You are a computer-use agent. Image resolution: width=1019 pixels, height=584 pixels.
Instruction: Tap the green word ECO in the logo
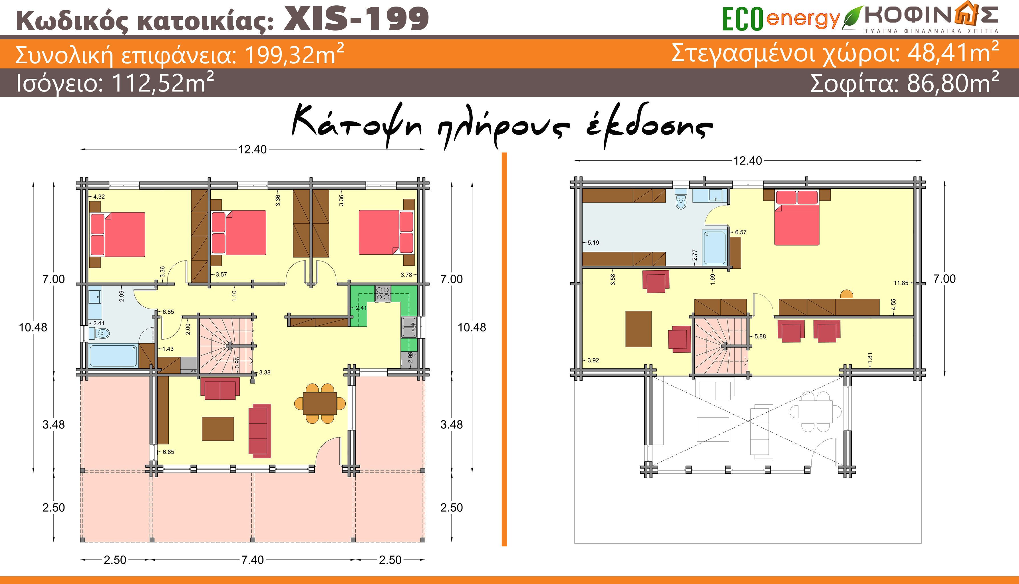tap(742, 19)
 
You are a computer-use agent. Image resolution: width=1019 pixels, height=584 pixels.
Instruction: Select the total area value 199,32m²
tap(294, 54)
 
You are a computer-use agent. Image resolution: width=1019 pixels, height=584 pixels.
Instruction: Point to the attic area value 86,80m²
tap(953, 83)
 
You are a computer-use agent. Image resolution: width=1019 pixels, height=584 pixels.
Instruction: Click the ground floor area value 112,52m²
tap(163, 83)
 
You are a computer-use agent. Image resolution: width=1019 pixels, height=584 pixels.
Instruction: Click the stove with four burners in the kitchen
tap(383, 293)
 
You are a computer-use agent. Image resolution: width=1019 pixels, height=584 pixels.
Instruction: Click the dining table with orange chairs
tap(320, 403)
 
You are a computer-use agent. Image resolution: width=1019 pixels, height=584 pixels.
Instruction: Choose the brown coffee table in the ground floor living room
tap(218, 429)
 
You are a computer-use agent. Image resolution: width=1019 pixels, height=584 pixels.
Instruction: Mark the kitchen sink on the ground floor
tap(409, 327)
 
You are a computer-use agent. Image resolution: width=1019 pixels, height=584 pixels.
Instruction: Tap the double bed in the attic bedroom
tap(797, 218)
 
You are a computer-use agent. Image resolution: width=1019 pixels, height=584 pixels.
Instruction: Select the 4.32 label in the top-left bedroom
tap(99, 196)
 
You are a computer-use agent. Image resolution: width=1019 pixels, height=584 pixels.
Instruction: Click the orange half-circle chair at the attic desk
tap(846, 294)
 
